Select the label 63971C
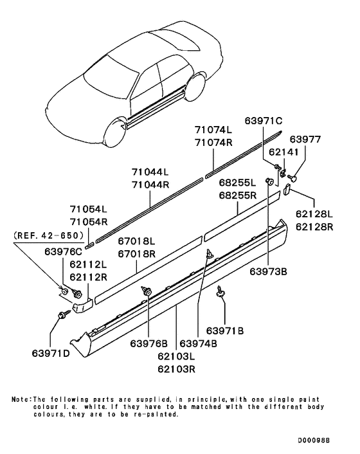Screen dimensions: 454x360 (x=262, y=120)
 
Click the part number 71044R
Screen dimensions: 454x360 (x=150, y=184)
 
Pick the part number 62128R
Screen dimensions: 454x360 (x=314, y=226)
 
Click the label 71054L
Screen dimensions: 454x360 (x=89, y=210)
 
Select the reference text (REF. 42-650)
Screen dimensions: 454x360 (x=48, y=236)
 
